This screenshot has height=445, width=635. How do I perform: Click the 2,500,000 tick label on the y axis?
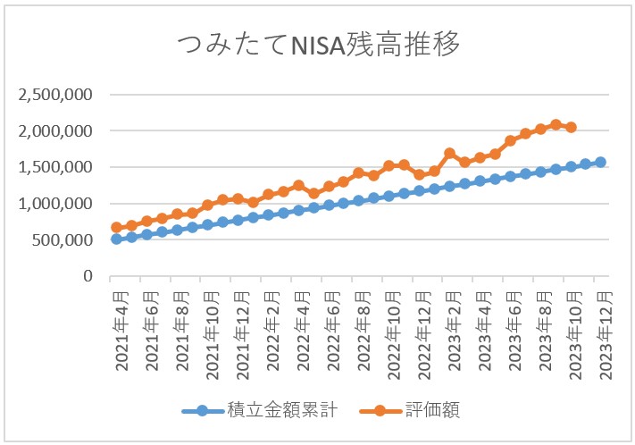point(56,95)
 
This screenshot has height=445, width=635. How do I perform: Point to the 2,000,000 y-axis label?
point(56,131)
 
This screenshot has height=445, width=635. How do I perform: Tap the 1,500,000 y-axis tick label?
point(56,168)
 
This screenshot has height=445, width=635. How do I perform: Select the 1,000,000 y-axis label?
point(56,204)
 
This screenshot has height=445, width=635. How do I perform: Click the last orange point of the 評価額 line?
point(571,128)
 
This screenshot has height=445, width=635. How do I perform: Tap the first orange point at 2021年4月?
point(116,228)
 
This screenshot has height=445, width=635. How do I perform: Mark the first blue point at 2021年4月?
point(116,239)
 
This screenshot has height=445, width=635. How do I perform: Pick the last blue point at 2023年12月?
point(600,163)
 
